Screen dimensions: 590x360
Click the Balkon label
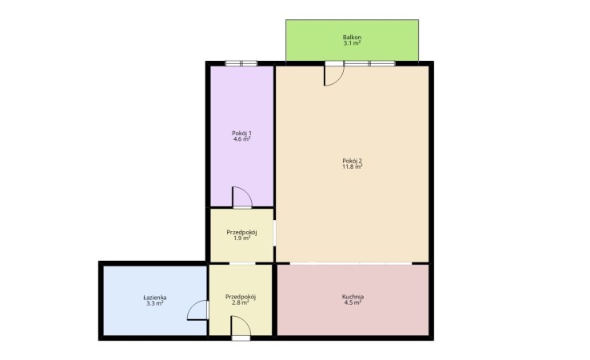[x=352, y=38]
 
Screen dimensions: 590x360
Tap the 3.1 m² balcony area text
[x=352, y=43]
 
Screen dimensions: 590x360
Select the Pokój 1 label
[x=241, y=133]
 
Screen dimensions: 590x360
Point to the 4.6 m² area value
[x=241, y=138]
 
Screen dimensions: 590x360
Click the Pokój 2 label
[x=352, y=161]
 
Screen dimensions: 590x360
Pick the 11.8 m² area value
[x=352, y=166]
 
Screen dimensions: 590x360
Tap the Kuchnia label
[x=353, y=296]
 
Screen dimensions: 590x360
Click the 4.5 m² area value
[x=353, y=302]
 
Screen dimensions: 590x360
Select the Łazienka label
[x=154, y=297]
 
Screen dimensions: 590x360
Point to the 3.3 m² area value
[x=154, y=302]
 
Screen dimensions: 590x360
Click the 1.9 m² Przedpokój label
[x=241, y=232]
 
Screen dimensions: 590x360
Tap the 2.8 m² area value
[x=241, y=302]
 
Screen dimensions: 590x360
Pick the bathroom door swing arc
[x=192, y=306]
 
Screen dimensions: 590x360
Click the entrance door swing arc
[x=245, y=322]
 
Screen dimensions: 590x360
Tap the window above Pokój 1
[x=241, y=63]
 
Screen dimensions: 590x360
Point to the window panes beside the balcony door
[x=369, y=63]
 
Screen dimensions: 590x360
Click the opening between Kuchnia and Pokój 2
[x=351, y=263]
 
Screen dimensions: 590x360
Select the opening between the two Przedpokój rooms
[x=242, y=263]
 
